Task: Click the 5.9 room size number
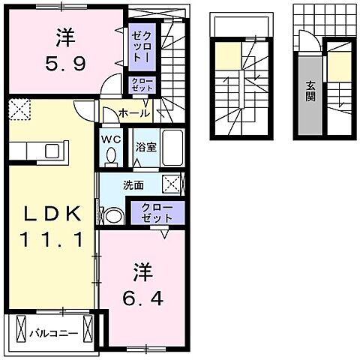65,64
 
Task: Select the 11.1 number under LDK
52,239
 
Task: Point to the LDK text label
52,213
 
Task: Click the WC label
111,139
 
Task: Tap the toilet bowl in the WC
111,155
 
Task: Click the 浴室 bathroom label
146,147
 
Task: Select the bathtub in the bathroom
172,148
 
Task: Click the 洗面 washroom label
133,185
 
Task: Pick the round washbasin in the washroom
113,215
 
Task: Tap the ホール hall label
134,113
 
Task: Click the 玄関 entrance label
310,91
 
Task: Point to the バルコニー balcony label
54,334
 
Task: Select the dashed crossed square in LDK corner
19,109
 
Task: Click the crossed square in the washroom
172,184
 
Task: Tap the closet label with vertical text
142,47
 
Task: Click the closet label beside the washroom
157,213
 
